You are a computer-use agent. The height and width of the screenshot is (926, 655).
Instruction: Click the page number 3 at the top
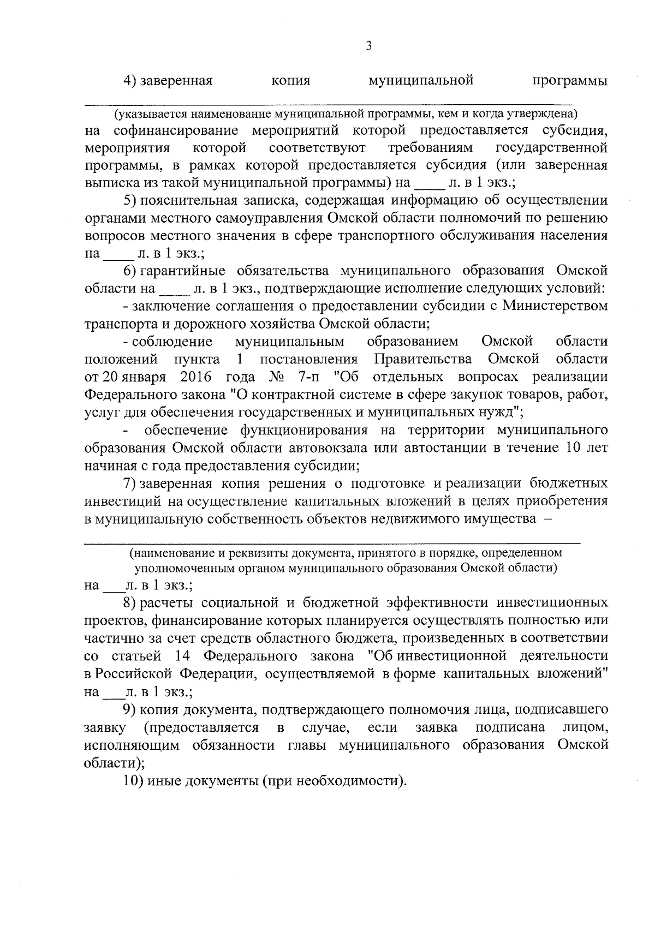click(368, 47)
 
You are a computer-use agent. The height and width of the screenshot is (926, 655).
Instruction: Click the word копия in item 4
click(290, 82)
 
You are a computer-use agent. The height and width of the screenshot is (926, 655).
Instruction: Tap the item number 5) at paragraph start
click(130, 200)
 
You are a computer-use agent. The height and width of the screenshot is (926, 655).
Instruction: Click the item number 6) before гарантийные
click(130, 271)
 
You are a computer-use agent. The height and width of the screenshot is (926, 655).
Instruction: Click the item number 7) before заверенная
click(130, 484)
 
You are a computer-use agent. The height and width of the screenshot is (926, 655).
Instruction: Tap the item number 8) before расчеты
click(130, 603)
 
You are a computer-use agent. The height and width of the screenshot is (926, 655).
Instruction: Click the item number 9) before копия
click(130, 710)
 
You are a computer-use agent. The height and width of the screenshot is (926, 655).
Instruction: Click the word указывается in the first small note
click(145, 115)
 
